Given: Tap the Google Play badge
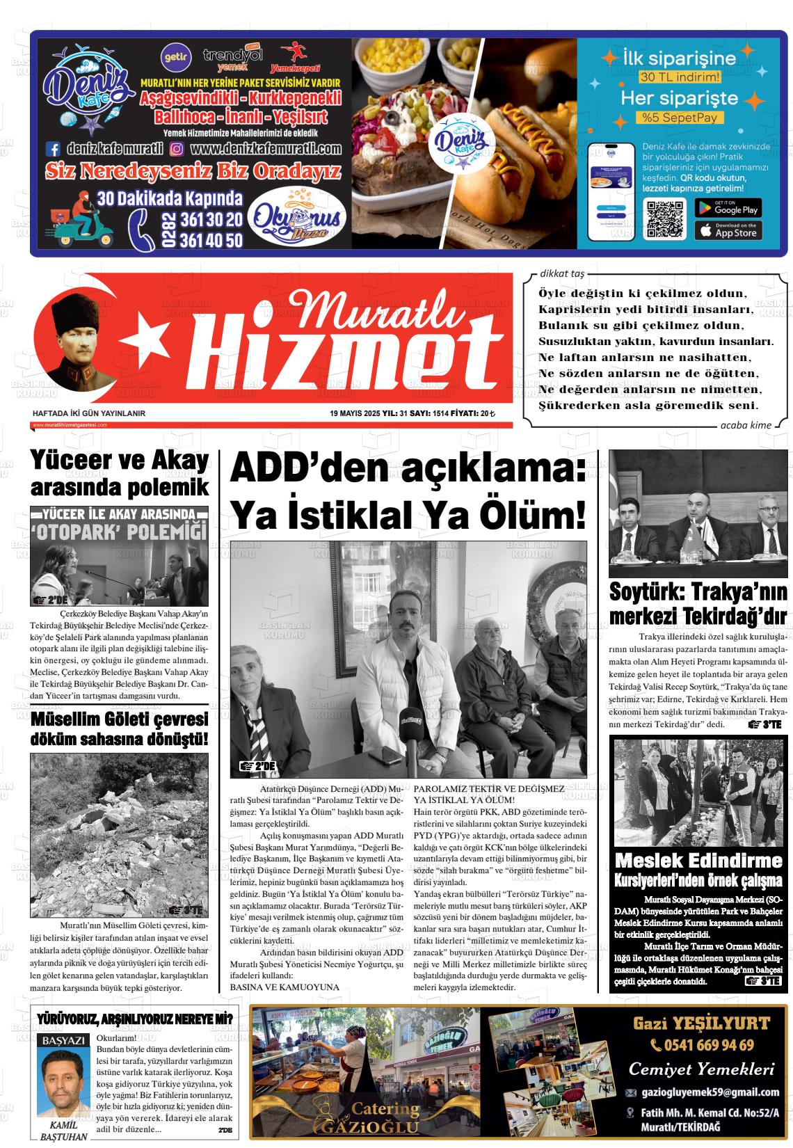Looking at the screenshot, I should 728,207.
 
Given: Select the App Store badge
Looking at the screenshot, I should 728,230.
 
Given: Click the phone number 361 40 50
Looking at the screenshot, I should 211,240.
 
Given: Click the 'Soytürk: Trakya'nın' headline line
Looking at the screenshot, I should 698,592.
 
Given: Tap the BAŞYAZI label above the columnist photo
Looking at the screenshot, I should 64,1041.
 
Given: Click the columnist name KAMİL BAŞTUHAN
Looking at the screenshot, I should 64,1131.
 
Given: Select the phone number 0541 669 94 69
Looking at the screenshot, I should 702,1045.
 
